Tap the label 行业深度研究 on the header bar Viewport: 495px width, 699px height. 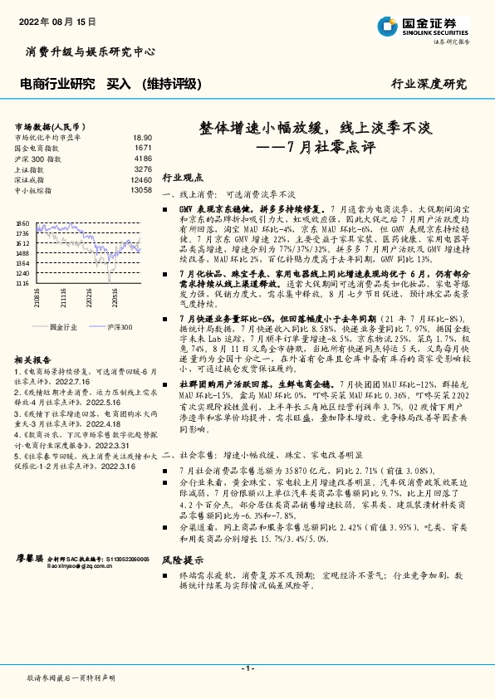coord(429,84)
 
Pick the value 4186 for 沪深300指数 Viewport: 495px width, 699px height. coord(143,158)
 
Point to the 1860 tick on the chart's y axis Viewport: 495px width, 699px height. coord(22,223)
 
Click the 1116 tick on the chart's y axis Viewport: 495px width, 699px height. coord(22,283)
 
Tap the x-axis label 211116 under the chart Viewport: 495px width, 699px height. coord(63,296)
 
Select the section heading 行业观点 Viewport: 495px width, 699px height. coord(182,178)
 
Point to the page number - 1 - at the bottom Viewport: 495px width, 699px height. coord(247,668)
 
